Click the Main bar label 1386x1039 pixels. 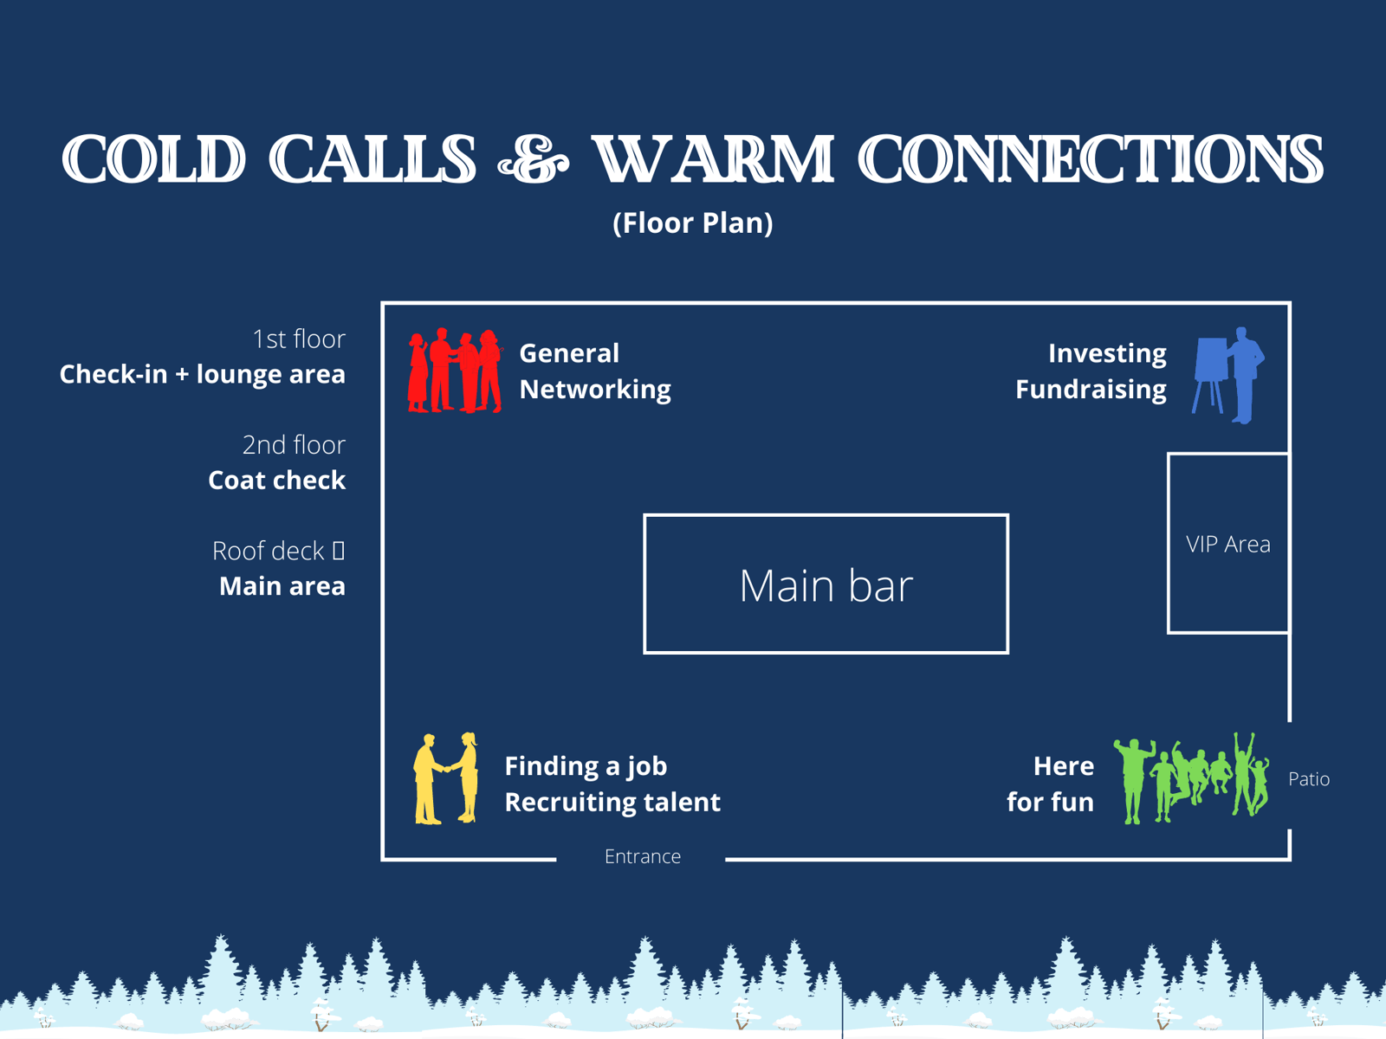pyautogui.click(x=826, y=585)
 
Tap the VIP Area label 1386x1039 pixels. pyautogui.click(x=1227, y=545)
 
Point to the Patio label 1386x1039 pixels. pyautogui.click(x=1308, y=779)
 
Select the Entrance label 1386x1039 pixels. pyautogui.click(x=642, y=856)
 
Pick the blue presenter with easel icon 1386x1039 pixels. pyautogui.click(x=1229, y=375)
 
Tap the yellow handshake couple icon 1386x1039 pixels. pyautogui.click(x=446, y=779)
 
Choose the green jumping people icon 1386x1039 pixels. pyautogui.click(x=1192, y=778)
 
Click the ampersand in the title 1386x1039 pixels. pyautogui.click(x=534, y=161)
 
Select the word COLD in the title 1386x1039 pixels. pyautogui.click(x=154, y=160)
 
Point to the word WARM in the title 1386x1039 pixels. pyautogui.click(x=713, y=160)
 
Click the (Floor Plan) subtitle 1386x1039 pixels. pyautogui.click(x=692, y=223)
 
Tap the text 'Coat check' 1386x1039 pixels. pyautogui.click(x=276, y=481)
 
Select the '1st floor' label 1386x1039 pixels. pyautogui.click(x=298, y=339)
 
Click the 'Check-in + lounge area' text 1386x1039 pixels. pyautogui.click(x=202, y=374)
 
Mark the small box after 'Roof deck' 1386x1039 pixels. pyautogui.click(x=339, y=551)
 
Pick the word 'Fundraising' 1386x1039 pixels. pyautogui.click(x=1090, y=390)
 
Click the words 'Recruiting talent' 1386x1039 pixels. pyautogui.click(x=612, y=803)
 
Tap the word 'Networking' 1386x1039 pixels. pyautogui.click(x=594, y=390)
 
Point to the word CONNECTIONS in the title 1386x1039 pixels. pyautogui.click(x=1090, y=160)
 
